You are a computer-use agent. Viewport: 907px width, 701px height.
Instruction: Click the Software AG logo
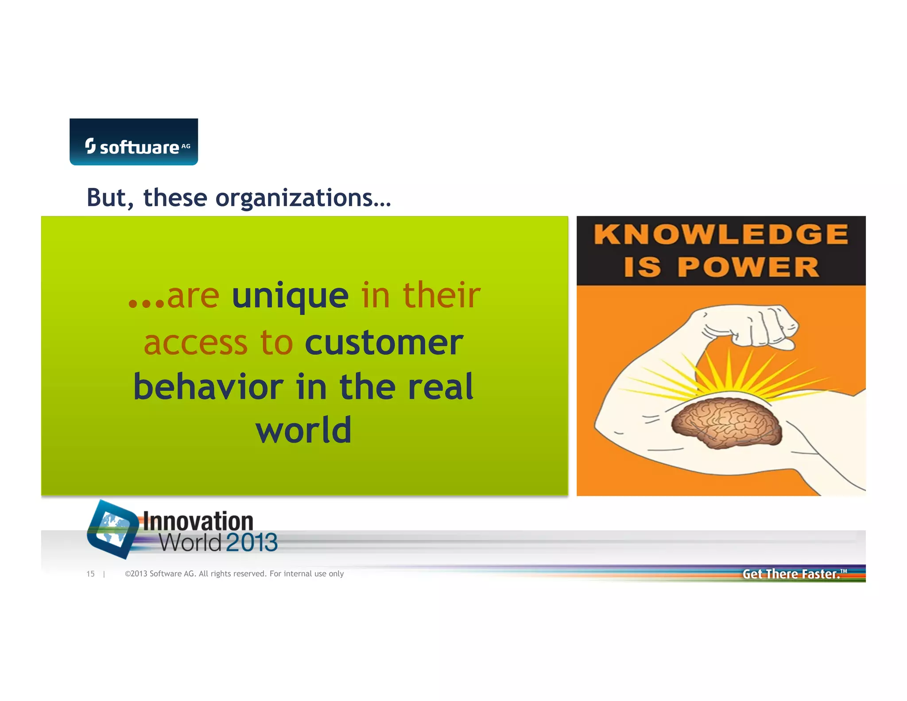pyautogui.click(x=134, y=142)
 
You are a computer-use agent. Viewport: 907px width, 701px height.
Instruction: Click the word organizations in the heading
pyautogui.click(x=303, y=198)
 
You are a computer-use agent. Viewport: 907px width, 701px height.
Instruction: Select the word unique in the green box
pyautogui.click(x=290, y=296)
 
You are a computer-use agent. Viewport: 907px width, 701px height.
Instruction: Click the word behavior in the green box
pyautogui.click(x=208, y=387)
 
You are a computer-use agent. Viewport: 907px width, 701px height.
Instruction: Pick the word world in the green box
pyautogui.click(x=304, y=430)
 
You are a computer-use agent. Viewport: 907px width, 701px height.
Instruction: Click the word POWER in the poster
pyautogui.click(x=748, y=267)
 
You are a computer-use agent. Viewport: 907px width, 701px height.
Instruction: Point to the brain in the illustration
pyautogui.click(x=726, y=422)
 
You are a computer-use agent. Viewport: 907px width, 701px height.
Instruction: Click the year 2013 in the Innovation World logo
pyautogui.click(x=252, y=543)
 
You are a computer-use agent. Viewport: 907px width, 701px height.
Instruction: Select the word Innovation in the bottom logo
pyautogui.click(x=198, y=522)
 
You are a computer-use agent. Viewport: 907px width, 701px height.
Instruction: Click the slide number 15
pyautogui.click(x=90, y=574)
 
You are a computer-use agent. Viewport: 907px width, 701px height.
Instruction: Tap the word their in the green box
pyautogui.click(x=441, y=296)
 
